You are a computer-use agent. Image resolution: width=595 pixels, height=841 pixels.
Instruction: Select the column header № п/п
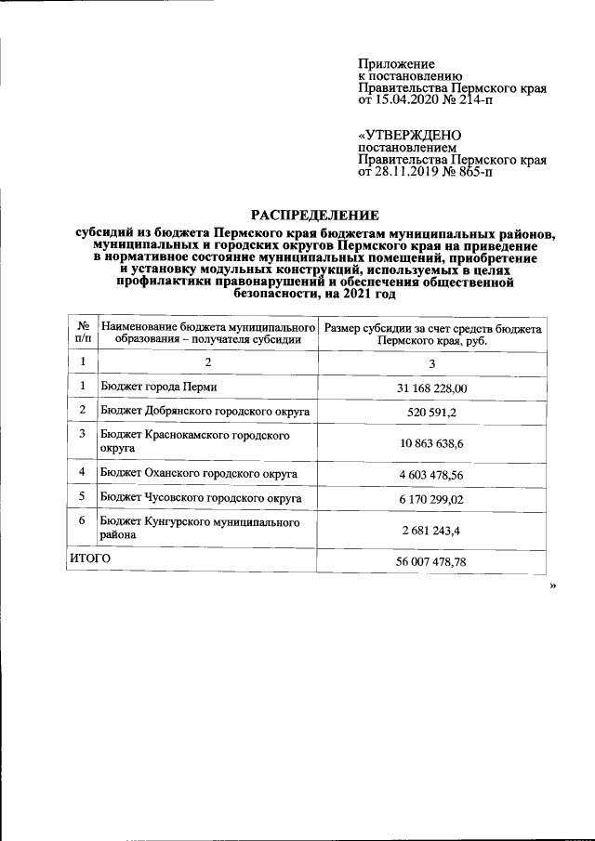click(83, 333)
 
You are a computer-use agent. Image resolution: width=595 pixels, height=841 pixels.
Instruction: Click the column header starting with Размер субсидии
click(432, 333)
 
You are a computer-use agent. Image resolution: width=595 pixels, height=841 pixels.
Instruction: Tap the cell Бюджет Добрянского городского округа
click(205, 410)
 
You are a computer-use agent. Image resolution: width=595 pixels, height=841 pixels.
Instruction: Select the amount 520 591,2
click(432, 411)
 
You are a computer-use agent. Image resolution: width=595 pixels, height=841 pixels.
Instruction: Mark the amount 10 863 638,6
click(432, 442)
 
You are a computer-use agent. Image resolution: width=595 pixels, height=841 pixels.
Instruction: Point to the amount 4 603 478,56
click(432, 475)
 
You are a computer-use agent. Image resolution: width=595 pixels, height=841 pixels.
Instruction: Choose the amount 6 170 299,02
click(432, 499)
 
